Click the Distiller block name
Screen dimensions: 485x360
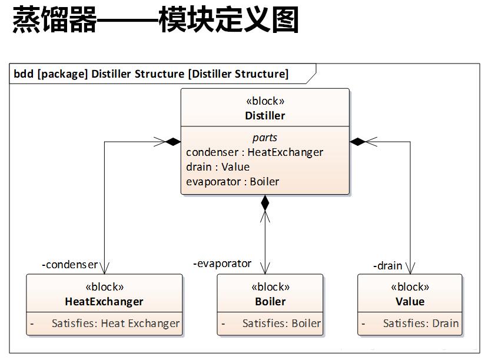265,115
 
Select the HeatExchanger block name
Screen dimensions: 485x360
104,301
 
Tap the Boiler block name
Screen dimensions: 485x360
270,301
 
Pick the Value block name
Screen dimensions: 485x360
410,301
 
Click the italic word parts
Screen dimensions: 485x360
265,138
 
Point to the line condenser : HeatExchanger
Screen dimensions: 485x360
254,152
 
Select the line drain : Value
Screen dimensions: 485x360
218,167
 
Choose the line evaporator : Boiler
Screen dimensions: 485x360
232,182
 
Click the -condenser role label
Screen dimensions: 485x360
70,265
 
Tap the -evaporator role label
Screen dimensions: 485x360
222,264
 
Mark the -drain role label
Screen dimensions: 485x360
387,266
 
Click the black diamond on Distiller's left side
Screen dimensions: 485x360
173,142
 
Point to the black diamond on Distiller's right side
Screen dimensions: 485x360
357,142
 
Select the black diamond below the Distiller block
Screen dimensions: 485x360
265,203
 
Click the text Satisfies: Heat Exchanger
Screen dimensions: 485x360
115,323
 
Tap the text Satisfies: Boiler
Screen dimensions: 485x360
281,323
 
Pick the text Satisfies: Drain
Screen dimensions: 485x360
421,323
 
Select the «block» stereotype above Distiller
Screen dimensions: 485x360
265,101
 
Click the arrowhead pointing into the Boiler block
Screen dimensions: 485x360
265,268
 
